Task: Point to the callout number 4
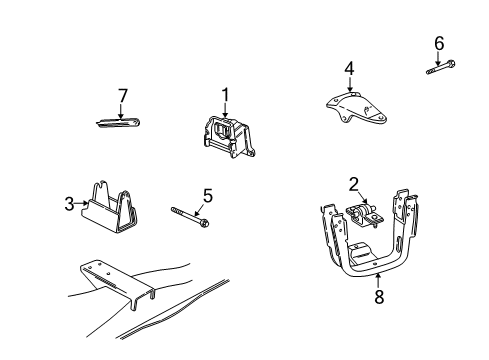(349, 69)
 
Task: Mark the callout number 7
(123, 95)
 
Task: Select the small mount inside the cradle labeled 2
(362, 215)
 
